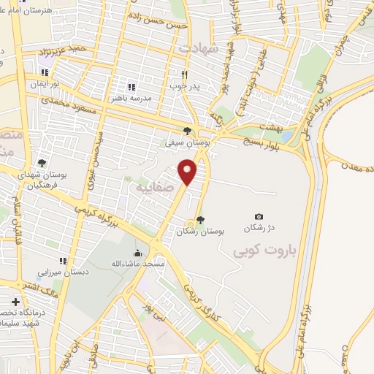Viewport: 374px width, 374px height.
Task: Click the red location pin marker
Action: coord(188,172)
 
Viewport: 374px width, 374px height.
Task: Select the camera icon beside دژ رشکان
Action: coord(259,216)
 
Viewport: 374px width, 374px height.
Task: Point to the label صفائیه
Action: coord(153,187)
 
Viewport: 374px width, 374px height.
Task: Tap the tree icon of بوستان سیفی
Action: coord(188,131)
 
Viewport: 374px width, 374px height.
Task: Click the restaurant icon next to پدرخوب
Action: coord(186,75)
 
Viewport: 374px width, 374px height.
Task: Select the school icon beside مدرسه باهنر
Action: coord(132,86)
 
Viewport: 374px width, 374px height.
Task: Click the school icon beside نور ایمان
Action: coord(45,72)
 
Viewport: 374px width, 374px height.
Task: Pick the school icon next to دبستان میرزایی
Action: coord(63,261)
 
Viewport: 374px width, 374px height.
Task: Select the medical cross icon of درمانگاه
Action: coord(15,301)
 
